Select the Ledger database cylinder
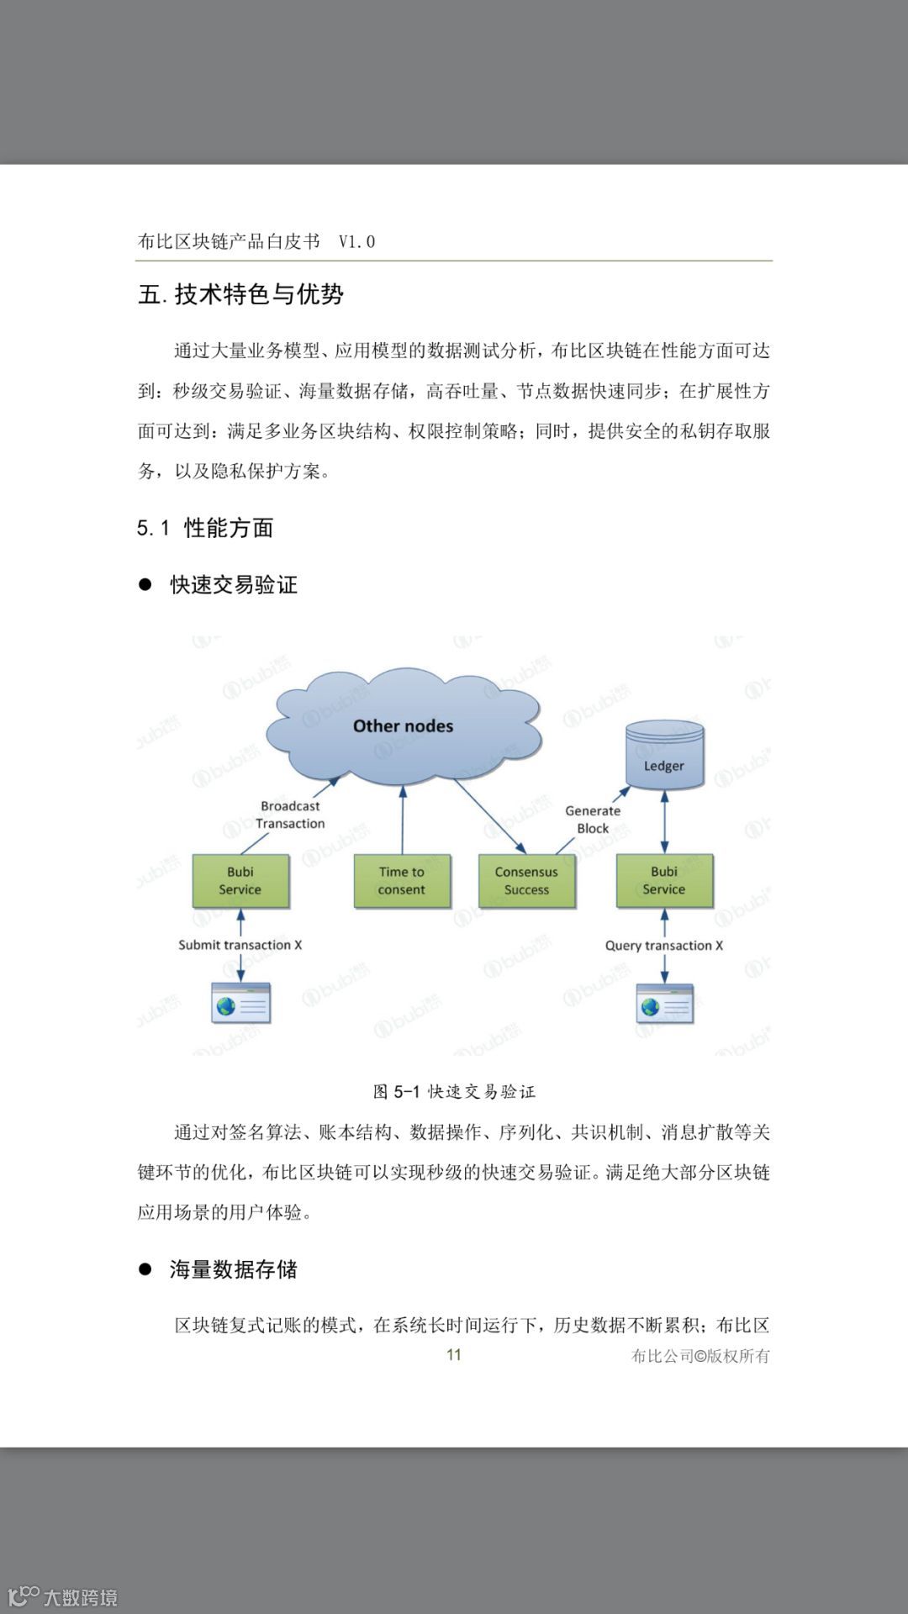[664, 757]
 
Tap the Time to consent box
[402, 881]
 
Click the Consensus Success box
[526, 881]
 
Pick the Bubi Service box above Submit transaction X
[240, 881]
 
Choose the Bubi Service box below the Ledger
[664, 881]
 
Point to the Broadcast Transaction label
[290, 815]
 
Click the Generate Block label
[593, 820]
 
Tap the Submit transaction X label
[240, 945]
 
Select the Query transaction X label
[664, 946]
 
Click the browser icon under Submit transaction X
[240, 1003]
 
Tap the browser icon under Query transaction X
[664, 1004]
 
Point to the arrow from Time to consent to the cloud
[403, 820]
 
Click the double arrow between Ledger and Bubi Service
[664, 822]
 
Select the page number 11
[454, 1354]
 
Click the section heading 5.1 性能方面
[205, 528]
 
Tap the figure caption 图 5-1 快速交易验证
[454, 1092]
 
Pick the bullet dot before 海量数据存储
[145, 1269]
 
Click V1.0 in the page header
[356, 242]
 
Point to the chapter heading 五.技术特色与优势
[240, 294]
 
